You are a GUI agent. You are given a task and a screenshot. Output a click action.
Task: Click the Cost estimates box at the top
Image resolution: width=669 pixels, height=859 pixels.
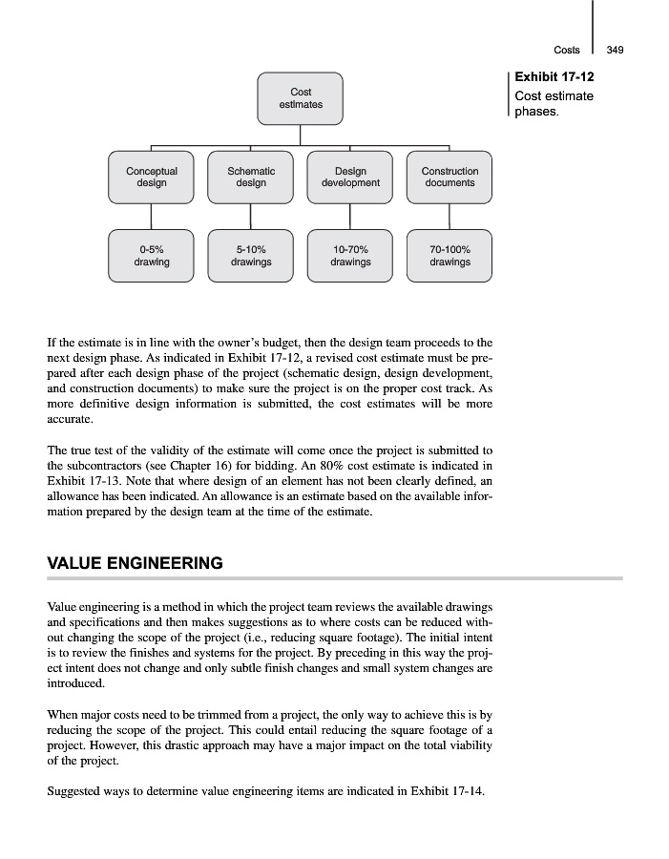pyautogui.click(x=300, y=98)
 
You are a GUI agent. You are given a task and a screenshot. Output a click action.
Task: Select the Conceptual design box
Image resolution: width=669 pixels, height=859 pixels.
pyautogui.click(x=151, y=177)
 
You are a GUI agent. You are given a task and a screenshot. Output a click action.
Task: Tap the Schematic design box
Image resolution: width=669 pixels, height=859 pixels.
pyautogui.click(x=251, y=177)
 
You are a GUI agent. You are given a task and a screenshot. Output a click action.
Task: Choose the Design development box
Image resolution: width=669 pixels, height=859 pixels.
pyautogui.click(x=350, y=177)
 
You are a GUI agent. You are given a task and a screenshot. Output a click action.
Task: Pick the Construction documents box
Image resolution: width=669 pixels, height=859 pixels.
pyautogui.click(x=449, y=177)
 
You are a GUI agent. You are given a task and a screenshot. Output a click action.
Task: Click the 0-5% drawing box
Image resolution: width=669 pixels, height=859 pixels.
pyautogui.click(x=151, y=255)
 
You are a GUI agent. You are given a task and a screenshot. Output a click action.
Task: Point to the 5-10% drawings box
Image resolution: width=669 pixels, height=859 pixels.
pyautogui.click(x=251, y=255)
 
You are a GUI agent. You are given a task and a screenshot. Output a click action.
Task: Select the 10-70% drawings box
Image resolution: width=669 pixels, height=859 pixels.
pyautogui.click(x=350, y=255)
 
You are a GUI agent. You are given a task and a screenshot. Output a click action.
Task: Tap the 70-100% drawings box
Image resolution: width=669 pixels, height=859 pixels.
pyautogui.click(x=449, y=255)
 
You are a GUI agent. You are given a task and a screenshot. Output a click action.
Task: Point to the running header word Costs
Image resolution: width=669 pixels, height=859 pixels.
pyautogui.click(x=567, y=51)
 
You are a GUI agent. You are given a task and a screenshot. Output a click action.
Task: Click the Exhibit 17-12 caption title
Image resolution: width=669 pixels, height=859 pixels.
pyautogui.click(x=554, y=76)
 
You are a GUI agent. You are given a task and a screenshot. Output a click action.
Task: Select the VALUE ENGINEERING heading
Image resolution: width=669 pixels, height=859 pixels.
pyautogui.click(x=135, y=563)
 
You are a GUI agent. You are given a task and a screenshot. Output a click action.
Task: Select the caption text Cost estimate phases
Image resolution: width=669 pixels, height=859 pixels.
pyautogui.click(x=554, y=104)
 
